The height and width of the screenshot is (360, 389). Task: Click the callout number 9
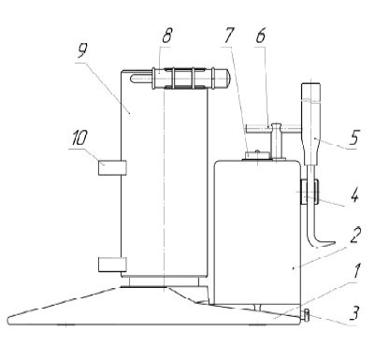(x=82, y=50)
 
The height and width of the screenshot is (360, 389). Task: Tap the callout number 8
(x=167, y=36)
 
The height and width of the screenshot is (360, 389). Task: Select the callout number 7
(x=229, y=36)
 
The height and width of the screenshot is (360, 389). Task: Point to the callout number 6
(x=261, y=36)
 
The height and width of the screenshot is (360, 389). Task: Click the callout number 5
(x=354, y=137)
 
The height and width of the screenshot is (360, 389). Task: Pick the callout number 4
(x=354, y=196)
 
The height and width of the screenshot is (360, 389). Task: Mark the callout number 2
(x=355, y=236)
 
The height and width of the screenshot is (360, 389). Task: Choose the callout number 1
(x=356, y=271)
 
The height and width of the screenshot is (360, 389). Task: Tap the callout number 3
(x=354, y=312)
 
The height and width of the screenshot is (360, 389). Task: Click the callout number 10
(x=79, y=137)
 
